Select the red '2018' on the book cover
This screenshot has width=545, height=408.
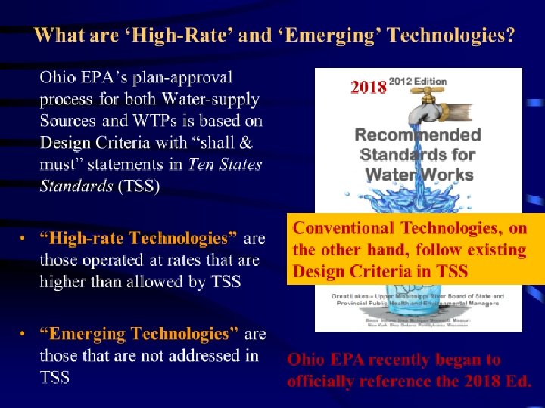(369, 88)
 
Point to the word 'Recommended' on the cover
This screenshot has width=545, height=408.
(418, 135)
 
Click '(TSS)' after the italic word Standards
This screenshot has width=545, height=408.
(139, 187)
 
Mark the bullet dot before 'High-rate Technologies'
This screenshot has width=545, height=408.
(24, 239)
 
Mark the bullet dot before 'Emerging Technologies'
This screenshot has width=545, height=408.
(24, 334)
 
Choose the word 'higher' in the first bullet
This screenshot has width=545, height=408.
(64, 282)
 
